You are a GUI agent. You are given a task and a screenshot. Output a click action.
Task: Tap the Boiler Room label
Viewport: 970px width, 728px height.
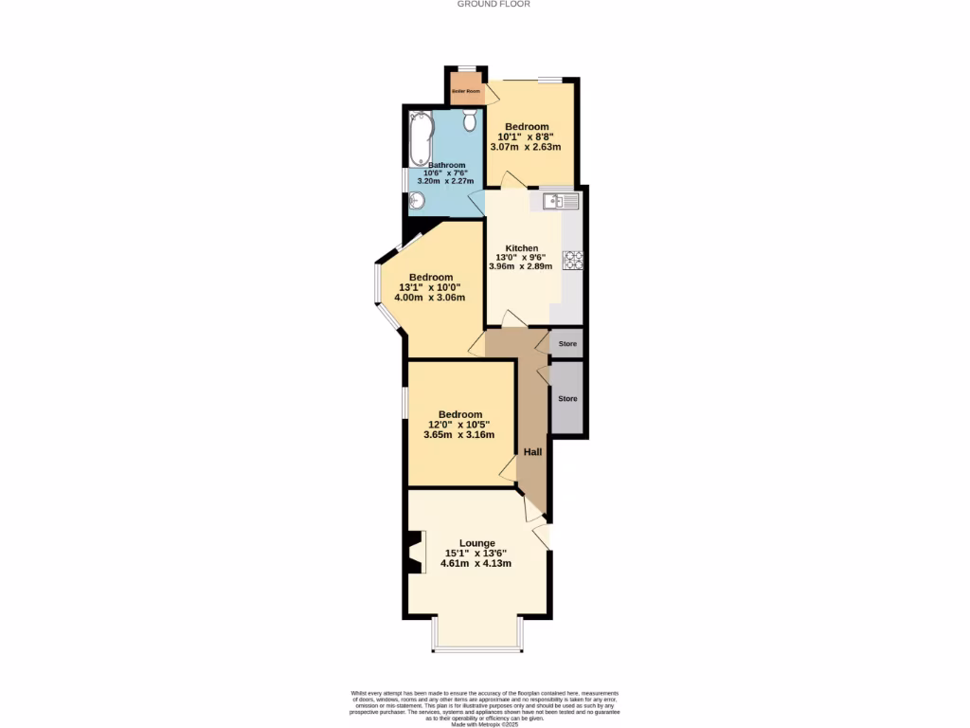pos(465,91)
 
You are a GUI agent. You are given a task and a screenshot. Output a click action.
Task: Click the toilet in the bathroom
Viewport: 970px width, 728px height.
pos(471,119)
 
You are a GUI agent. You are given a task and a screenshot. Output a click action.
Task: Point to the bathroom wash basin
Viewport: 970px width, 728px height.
pos(416,200)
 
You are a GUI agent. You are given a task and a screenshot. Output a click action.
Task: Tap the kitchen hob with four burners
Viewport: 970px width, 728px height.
pos(572,259)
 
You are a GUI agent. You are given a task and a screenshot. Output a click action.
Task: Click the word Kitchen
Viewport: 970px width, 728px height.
pos(521,248)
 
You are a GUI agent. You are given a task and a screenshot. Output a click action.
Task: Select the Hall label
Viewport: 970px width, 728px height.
pos(533,452)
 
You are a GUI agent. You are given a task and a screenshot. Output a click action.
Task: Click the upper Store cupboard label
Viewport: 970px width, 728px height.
pos(567,343)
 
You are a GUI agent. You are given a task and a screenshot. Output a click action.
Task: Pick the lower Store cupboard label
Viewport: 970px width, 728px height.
pos(567,399)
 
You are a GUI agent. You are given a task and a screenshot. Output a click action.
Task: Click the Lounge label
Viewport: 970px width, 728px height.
pos(477,543)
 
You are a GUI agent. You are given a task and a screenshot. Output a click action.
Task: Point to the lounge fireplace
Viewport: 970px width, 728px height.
pos(414,553)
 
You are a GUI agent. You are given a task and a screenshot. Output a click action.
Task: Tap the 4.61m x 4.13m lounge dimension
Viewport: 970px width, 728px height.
pos(477,563)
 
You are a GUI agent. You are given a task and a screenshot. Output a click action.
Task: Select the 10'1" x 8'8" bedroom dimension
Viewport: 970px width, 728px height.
pos(526,136)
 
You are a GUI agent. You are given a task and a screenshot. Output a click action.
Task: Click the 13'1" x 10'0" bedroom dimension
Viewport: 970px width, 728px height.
pos(431,287)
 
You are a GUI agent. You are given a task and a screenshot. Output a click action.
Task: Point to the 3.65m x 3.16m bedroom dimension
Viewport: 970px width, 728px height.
pos(460,435)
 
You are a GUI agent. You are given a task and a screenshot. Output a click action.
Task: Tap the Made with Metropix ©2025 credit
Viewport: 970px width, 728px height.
pos(484,722)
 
